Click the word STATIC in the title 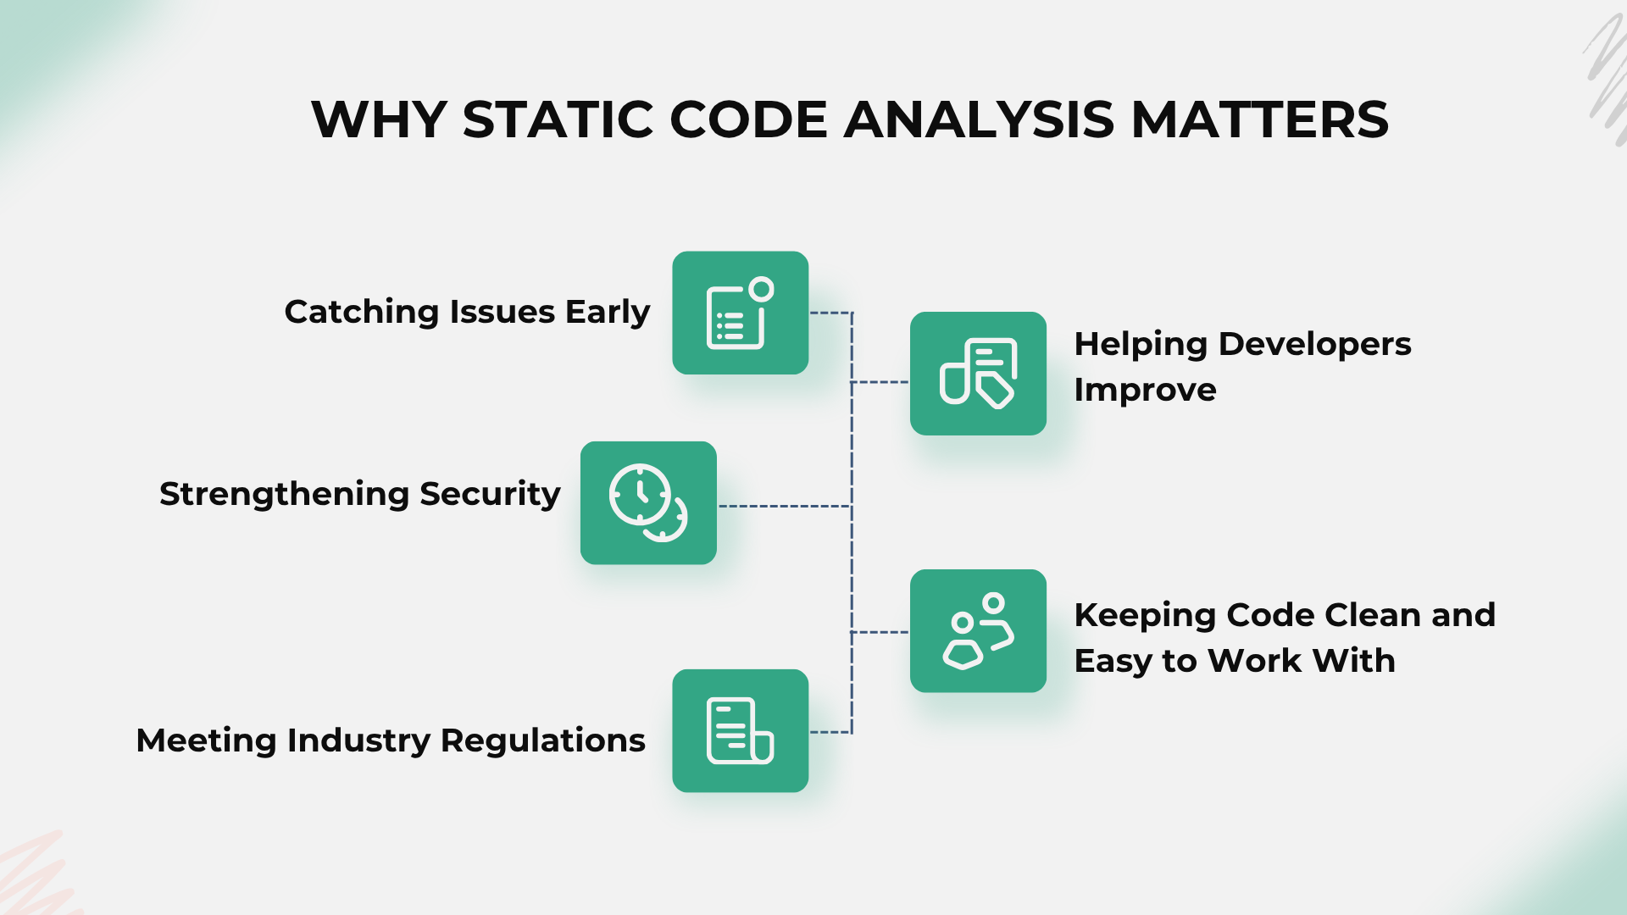click(557, 119)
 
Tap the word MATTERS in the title click(1260, 119)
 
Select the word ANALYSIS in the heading click(979, 119)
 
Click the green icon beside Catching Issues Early click(740, 313)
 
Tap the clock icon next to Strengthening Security click(648, 502)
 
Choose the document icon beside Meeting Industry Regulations click(740, 731)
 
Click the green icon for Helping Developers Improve click(978, 374)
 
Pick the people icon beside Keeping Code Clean click(978, 631)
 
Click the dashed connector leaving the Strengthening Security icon click(785, 507)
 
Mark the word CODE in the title click(748, 119)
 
